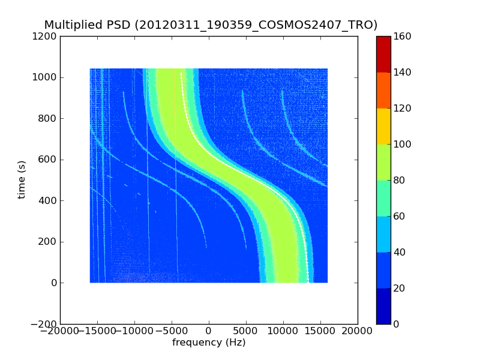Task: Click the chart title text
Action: (211, 25)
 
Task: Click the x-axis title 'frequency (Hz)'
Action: (209, 343)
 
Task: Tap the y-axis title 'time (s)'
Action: (22, 179)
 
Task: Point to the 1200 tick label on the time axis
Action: (45, 37)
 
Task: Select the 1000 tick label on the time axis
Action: (45, 77)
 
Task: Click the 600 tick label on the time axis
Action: (47, 160)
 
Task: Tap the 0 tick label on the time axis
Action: (53, 283)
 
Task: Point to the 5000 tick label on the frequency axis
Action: (246, 331)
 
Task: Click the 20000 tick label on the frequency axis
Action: (358, 331)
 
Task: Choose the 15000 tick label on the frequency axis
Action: (320, 331)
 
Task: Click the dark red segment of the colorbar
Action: (383, 54)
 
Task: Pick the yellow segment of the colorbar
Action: (383, 126)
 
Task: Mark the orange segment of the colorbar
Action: (383, 90)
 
